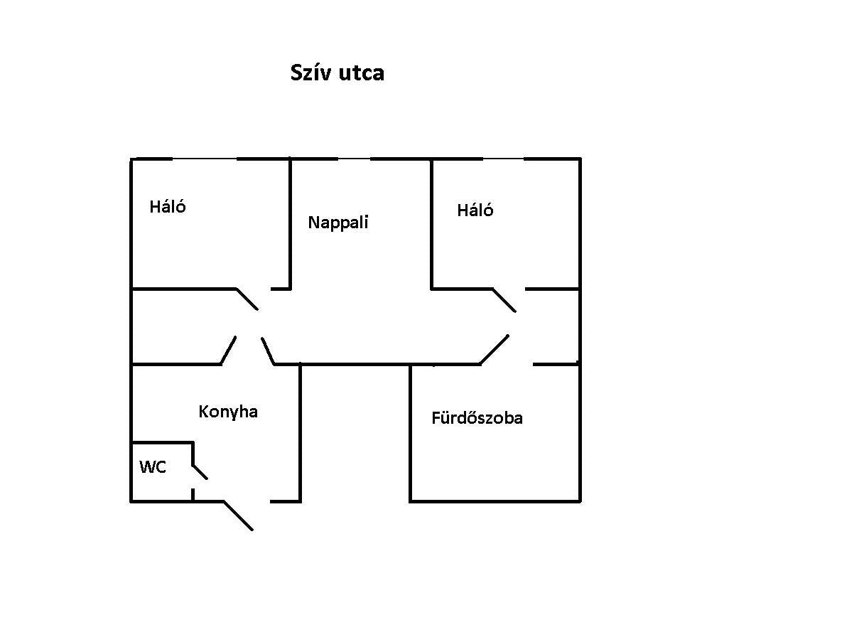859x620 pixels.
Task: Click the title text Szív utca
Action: pyautogui.click(x=337, y=73)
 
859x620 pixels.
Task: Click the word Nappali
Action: pyautogui.click(x=338, y=223)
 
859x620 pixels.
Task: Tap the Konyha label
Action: pyautogui.click(x=228, y=412)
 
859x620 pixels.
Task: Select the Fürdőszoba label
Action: pyautogui.click(x=477, y=418)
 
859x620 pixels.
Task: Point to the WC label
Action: pyautogui.click(x=153, y=467)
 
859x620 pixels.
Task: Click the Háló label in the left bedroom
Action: pyautogui.click(x=168, y=207)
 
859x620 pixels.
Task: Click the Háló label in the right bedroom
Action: pyautogui.click(x=475, y=210)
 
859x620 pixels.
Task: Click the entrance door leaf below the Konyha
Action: pyautogui.click(x=239, y=515)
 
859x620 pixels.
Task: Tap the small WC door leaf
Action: pyautogui.click(x=200, y=472)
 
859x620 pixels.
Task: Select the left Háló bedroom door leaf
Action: pyautogui.click(x=247, y=299)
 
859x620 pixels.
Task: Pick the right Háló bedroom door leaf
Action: pyautogui.click(x=504, y=300)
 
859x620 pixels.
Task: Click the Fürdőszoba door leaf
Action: pyautogui.click(x=495, y=349)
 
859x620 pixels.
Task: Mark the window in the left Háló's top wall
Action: pyautogui.click(x=205, y=159)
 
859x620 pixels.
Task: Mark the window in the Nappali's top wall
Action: pyautogui.click(x=354, y=159)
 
